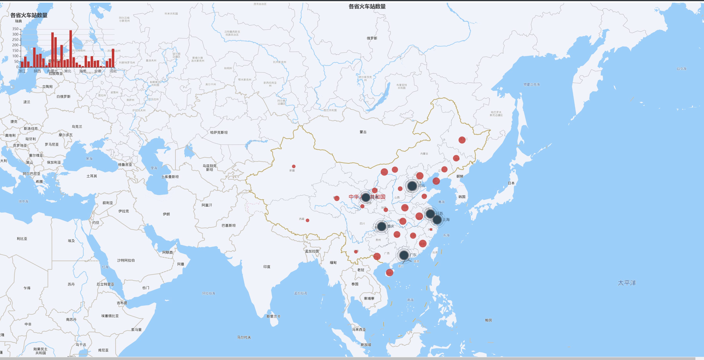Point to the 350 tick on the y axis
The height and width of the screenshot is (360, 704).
pyautogui.click(x=15, y=29)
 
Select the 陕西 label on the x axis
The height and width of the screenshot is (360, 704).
pyautogui.click(x=38, y=71)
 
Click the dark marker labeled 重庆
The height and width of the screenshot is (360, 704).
pyautogui.click(x=381, y=226)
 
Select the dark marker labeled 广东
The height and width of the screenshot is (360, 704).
pyautogui.click(x=404, y=255)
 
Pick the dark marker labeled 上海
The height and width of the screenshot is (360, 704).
pyautogui.click(x=437, y=219)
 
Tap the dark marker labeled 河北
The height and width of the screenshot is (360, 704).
pyautogui.click(x=412, y=186)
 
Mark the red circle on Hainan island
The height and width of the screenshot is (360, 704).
pyautogui.click(x=389, y=273)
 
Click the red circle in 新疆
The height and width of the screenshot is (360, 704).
pyautogui.click(x=293, y=166)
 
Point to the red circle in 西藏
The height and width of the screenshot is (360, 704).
pyautogui.click(x=308, y=220)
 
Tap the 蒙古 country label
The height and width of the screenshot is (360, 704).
pyautogui.click(x=363, y=132)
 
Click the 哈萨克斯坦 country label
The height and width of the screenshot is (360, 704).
pyautogui.click(x=219, y=133)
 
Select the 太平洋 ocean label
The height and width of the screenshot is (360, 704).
pyautogui.click(x=627, y=283)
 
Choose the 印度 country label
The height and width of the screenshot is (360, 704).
pyautogui.click(x=267, y=267)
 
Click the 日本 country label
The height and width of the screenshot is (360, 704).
pyautogui.click(x=511, y=183)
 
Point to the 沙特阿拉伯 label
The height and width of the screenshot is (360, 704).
pyautogui.click(x=126, y=260)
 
